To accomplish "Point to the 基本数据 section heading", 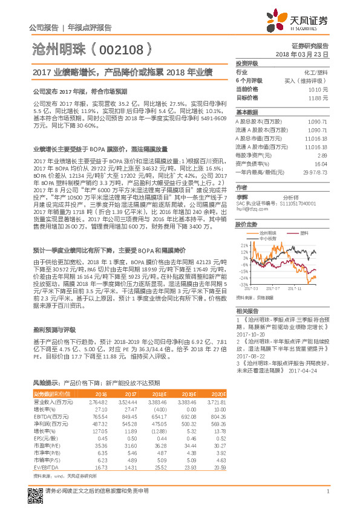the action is (246, 113).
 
